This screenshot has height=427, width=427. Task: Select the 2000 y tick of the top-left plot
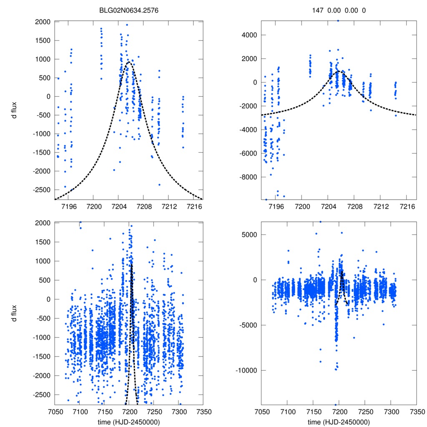43,22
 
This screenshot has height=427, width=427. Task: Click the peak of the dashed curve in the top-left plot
129,62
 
